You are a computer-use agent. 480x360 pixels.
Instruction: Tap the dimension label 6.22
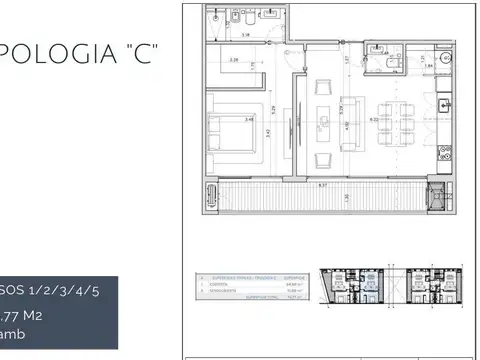[374, 118]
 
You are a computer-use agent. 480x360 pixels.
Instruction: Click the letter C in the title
[142, 53]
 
